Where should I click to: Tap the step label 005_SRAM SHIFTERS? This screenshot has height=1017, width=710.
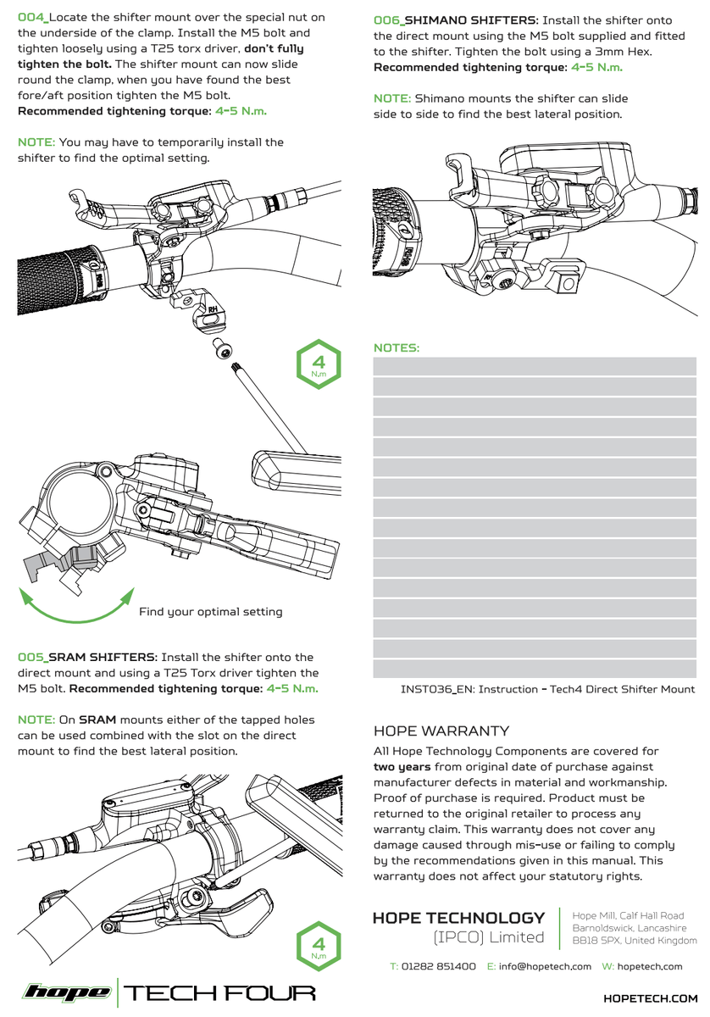pos(87,657)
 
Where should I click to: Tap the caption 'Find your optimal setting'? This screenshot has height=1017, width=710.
pos(210,612)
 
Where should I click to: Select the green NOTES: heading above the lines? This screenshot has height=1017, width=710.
pos(397,348)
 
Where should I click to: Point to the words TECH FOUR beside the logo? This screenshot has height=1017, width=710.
pos(219,992)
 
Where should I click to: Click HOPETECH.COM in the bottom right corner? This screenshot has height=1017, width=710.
pos(650,999)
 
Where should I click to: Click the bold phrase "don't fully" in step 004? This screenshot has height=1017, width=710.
pos(274,49)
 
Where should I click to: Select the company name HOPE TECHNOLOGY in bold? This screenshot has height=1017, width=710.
pos(458,918)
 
